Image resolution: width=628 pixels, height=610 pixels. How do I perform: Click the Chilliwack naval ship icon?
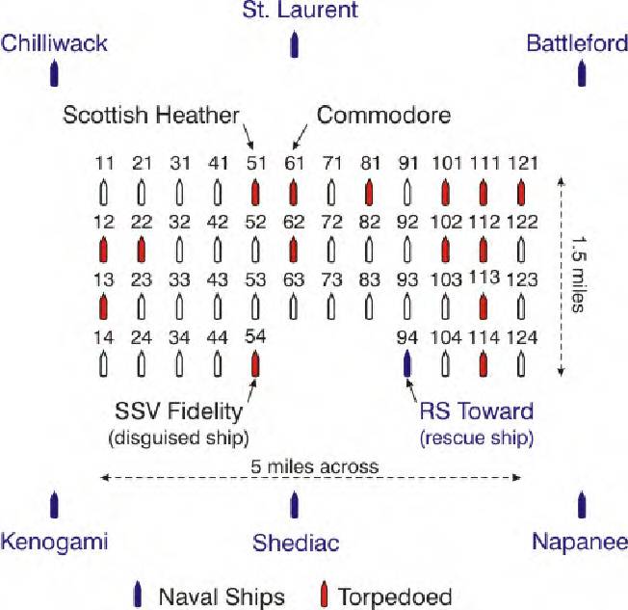pos(54,72)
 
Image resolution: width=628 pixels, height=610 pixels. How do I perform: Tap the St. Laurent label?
pos(300,10)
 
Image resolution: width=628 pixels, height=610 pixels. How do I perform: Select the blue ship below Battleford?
pos(582,72)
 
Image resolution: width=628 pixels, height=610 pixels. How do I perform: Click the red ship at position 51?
pos(255,193)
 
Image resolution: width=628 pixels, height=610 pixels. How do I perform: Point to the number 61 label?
pos(295,163)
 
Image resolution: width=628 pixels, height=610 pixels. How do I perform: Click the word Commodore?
pos(383,115)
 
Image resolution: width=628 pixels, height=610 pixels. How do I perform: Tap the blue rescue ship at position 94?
pos(407,363)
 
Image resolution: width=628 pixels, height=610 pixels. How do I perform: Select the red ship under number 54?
pos(255,363)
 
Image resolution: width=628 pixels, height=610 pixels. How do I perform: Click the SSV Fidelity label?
pos(178,411)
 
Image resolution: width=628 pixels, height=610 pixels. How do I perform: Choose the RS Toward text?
pos(477,411)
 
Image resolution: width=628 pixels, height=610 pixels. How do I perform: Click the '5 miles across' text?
pos(315,467)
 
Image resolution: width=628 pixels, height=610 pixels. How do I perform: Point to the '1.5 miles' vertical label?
pos(578,274)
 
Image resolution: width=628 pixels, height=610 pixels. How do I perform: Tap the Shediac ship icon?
pos(295,504)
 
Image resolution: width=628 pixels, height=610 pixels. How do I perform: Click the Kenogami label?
pos(54,542)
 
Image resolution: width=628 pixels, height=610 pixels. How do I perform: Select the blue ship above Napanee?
pos(582,504)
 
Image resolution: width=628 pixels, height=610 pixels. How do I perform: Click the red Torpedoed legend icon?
pos(325,595)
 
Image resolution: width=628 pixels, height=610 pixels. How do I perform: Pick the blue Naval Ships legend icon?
pos(138,595)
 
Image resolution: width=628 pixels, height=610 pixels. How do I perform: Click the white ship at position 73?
pos(331,306)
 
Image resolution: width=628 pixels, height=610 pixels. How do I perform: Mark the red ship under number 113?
pos(484,306)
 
